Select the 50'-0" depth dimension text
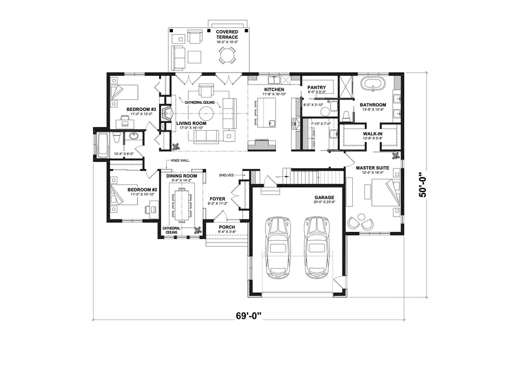[x=424, y=184]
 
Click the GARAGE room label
[x=324, y=198]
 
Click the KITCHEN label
[x=274, y=90]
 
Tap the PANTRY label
[x=316, y=87]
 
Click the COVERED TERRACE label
[x=227, y=34]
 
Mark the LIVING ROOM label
[x=191, y=123]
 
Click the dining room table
[x=182, y=203]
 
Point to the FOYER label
[x=217, y=199]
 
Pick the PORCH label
[x=227, y=227]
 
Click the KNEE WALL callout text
[x=180, y=161]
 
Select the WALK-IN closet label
[x=373, y=133]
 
